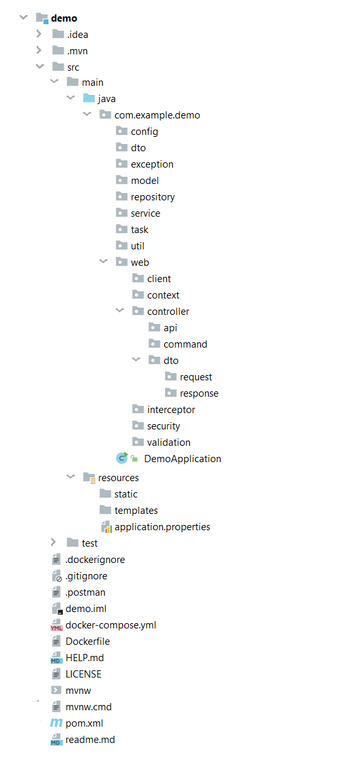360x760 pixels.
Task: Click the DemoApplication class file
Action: pos(183,458)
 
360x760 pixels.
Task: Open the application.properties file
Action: pos(162,526)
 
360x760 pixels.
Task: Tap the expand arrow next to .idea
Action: pos(38,35)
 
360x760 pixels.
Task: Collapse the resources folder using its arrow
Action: pos(71,477)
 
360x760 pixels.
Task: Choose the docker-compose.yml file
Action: pos(111,625)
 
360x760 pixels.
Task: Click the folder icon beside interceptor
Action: pos(138,410)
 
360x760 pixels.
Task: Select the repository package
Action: pos(153,197)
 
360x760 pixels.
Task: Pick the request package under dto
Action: pos(196,376)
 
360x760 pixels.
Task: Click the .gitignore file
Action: pos(86,576)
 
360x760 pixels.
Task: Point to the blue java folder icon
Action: pos(88,99)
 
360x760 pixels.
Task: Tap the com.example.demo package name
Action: pos(158,115)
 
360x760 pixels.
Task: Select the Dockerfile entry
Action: pos(88,642)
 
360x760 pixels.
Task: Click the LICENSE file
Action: pos(83,674)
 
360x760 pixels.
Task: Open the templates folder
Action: pos(136,510)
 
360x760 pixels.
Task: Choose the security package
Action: pos(163,426)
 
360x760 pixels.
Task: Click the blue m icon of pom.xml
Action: pos(56,723)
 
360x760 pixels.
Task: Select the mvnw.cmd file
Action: pos(88,707)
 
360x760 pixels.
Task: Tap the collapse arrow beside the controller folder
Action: pos(119,311)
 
